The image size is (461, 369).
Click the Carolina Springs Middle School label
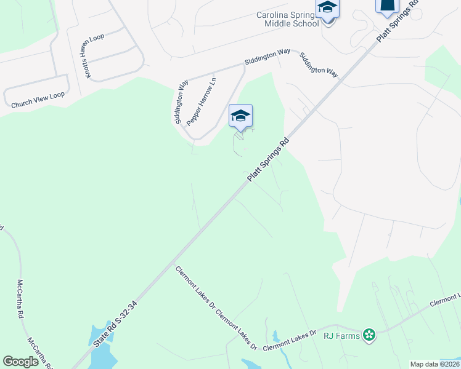(288, 19)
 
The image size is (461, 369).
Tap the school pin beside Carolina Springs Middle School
(327, 10)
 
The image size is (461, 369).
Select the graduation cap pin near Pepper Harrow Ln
(240, 116)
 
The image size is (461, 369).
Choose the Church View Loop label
(38, 100)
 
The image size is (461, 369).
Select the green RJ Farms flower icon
(369, 335)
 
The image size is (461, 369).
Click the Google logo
(20, 361)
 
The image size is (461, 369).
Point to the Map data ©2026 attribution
(434, 364)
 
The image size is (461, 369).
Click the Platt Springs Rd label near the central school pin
(269, 159)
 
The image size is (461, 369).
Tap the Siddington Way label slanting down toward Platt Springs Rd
(319, 64)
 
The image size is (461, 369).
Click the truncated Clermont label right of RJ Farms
(445, 301)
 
